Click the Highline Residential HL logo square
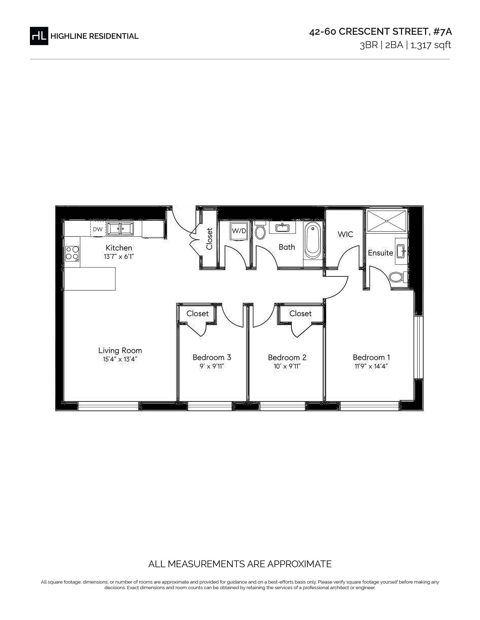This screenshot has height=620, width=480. pyautogui.click(x=39, y=36)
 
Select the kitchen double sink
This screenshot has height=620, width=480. pyautogui.click(x=120, y=229)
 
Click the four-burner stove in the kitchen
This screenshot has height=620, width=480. pyautogui.click(x=72, y=253)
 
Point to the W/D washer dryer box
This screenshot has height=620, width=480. pyautogui.click(x=239, y=231)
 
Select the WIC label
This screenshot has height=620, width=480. pyautogui.click(x=345, y=234)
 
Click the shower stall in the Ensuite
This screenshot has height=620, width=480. pyautogui.click(x=387, y=221)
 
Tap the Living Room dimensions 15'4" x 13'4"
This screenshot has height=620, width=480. pyautogui.click(x=120, y=359)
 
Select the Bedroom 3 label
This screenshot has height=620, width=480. pyautogui.click(x=212, y=357)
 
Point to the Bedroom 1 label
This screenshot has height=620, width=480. pyautogui.click(x=371, y=357)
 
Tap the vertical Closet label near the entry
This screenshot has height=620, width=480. pyautogui.click(x=209, y=239)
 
